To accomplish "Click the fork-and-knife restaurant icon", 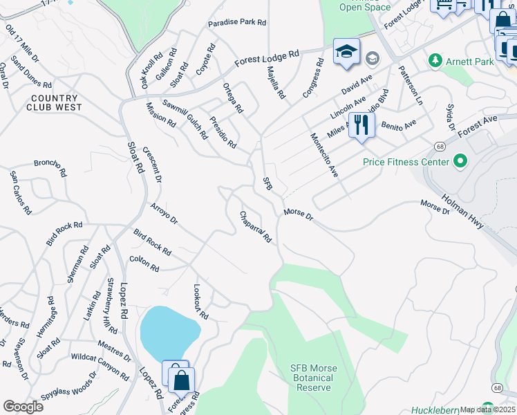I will click(x=361, y=126).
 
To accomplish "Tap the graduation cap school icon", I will click(x=346, y=52).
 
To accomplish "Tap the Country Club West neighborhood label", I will click(x=55, y=103).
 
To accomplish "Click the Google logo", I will click(x=23, y=406).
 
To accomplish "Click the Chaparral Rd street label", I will click(x=256, y=227).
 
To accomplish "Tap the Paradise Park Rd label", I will click(x=237, y=22).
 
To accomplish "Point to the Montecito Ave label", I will click(x=323, y=155).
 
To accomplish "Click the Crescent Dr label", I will click(x=152, y=165).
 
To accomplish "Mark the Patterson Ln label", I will click(x=410, y=85).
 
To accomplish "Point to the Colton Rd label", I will click(x=144, y=264).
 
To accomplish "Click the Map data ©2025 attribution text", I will click(x=487, y=409).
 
